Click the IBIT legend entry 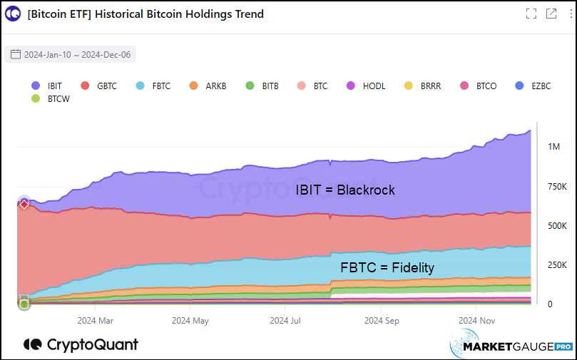(x=47, y=86)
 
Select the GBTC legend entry (x=98, y=86)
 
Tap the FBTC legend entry (x=154, y=86)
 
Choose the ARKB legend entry (x=208, y=86)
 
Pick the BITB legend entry (x=262, y=86)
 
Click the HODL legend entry (x=366, y=86)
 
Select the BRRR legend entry (x=423, y=86)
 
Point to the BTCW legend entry (x=50, y=99)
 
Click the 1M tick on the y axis (x=553, y=146)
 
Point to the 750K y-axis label (x=557, y=186)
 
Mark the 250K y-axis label (x=557, y=265)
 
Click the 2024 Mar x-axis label (x=96, y=321)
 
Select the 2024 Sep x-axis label (x=382, y=321)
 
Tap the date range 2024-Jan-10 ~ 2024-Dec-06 (x=70, y=54)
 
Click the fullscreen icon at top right (x=531, y=14)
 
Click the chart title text (x=145, y=14)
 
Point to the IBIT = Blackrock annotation (x=345, y=190)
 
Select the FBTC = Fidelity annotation (x=387, y=268)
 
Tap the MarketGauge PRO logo (x=511, y=346)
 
